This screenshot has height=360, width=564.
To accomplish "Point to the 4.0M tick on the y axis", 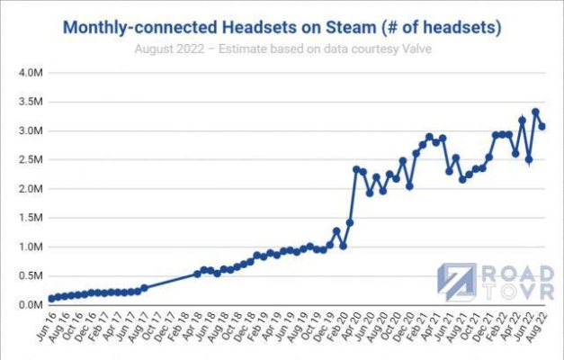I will click(x=31, y=73).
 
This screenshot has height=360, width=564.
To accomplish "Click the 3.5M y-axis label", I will click(x=31, y=102).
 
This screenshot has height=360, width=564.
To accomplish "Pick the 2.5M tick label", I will click(x=31, y=160).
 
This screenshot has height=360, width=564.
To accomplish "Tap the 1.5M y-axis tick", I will click(x=31, y=218).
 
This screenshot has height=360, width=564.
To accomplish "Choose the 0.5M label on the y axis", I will click(x=31, y=276).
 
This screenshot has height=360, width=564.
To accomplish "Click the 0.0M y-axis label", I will click(x=31, y=305).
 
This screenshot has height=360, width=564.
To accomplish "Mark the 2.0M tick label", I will click(x=31, y=189).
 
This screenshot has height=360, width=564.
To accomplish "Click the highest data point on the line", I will click(x=535, y=112).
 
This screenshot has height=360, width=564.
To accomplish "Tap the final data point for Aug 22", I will click(x=542, y=126).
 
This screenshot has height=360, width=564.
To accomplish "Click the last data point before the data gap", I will click(x=144, y=288).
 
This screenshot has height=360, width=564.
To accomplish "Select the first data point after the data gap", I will click(x=197, y=274).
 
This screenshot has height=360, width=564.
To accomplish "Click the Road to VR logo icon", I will click(x=457, y=282).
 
